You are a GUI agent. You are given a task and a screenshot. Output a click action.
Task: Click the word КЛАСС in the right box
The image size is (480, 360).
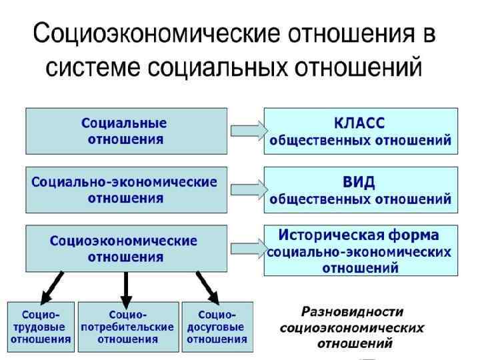point(359,123)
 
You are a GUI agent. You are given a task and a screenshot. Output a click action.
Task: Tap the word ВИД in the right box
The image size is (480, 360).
point(359,182)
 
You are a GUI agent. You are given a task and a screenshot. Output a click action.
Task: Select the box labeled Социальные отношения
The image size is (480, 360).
point(125,131)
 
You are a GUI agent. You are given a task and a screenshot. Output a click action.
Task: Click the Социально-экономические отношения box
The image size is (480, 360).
point(125,189)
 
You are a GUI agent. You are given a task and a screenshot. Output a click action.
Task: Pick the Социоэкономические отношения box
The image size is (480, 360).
point(125,248)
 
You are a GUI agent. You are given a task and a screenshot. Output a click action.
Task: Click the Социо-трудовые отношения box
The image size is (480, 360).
point(41,327)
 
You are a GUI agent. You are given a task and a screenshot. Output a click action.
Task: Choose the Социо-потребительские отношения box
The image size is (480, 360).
point(127,327)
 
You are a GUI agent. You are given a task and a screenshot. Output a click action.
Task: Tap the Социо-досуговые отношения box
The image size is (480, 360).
point(217,327)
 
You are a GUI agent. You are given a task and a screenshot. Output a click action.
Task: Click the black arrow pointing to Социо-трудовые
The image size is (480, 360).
point(51,285)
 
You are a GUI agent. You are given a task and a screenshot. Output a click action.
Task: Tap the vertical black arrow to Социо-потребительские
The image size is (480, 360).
point(125,285)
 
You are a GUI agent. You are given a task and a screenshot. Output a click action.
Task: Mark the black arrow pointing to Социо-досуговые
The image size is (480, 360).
point(207,285)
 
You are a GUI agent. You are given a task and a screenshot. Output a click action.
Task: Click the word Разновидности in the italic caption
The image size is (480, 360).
point(353,311)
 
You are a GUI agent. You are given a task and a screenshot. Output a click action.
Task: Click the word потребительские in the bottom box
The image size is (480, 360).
point(127,327)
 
